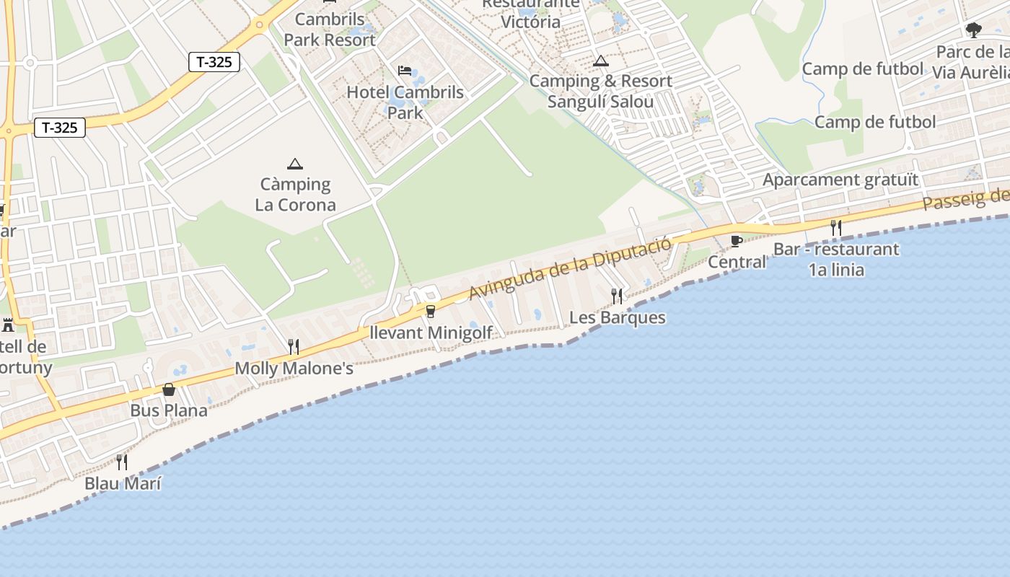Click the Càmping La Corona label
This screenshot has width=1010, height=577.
coord(295,195)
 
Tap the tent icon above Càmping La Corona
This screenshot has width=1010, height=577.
coord(294,164)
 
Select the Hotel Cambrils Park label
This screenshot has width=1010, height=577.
coord(405,102)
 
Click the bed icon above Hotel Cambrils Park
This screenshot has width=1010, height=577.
coord(405,70)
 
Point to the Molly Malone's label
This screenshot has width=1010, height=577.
coord(294,369)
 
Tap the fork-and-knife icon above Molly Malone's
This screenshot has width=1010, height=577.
coord(294,347)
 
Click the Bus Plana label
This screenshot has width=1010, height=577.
coord(169,410)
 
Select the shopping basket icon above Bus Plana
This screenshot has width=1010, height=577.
coord(169,390)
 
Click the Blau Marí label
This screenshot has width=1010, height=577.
coord(123,483)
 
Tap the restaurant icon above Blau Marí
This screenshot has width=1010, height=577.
coord(122,462)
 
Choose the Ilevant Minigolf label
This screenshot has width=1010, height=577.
coord(431,332)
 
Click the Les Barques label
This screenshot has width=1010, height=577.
coord(618,317)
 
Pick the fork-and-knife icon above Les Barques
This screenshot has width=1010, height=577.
coord(617,296)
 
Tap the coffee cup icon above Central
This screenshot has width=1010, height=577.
coord(736,241)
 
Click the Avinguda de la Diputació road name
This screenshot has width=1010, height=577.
coord(570,268)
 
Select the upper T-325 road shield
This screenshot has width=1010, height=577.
coord(214,62)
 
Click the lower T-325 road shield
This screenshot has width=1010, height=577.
coord(60,128)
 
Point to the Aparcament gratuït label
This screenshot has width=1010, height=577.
coord(841,180)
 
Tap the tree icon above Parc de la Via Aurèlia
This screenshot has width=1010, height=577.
coord(974,30)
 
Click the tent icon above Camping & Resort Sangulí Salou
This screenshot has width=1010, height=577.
coord(601,61)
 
